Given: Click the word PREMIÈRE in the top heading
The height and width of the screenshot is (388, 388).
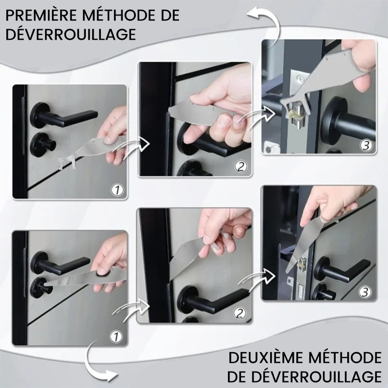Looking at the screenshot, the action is coord(41,16).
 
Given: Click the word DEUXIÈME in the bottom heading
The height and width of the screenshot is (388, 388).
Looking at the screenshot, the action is coord(265,358).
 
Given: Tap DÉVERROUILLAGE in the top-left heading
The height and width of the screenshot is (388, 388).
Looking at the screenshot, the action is coord(70,34).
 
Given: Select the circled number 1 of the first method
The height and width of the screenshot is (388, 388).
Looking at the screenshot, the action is coord(117,190).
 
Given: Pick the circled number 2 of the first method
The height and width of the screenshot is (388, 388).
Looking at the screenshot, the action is coord(241,167).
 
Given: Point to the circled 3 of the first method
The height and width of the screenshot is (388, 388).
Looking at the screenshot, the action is coord(366,145).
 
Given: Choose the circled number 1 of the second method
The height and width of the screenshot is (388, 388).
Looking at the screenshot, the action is coord(116,337).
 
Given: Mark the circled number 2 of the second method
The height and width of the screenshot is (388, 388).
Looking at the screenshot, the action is coord(240,314).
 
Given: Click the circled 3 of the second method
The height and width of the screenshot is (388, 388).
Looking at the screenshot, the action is coord(365,292).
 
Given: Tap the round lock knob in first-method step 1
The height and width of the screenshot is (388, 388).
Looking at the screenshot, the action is coord(43,145).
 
